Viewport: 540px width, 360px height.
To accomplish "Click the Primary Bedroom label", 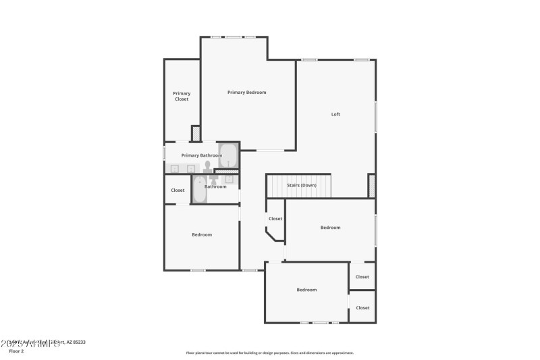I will click(246, 93).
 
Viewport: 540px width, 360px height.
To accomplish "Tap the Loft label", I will click(335, 114).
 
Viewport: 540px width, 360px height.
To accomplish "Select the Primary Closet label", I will click(182, 96).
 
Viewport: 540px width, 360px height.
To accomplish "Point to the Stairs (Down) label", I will click(301, 185).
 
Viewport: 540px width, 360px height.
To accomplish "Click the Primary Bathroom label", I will click(201, 155).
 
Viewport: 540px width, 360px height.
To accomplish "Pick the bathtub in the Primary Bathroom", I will click(228, 155).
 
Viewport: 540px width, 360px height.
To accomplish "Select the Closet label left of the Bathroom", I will click(178, 190).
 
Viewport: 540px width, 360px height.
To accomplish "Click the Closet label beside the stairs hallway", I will click(275, 219).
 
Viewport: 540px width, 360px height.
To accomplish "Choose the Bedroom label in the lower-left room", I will click(202, 235).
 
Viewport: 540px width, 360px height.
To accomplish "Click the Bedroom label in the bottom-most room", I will click(306, 290).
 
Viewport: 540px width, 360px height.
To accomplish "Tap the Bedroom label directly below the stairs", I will click(330, 228).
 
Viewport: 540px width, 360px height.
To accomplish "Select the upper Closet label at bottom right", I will click(362, 277).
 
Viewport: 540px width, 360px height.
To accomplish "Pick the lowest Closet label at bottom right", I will click(362, 308).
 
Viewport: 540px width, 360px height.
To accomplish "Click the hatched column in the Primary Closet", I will click(196, 133).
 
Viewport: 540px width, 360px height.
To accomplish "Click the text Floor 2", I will click(16, 351).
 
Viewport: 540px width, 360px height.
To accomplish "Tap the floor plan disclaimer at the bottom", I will click(269, 353).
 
